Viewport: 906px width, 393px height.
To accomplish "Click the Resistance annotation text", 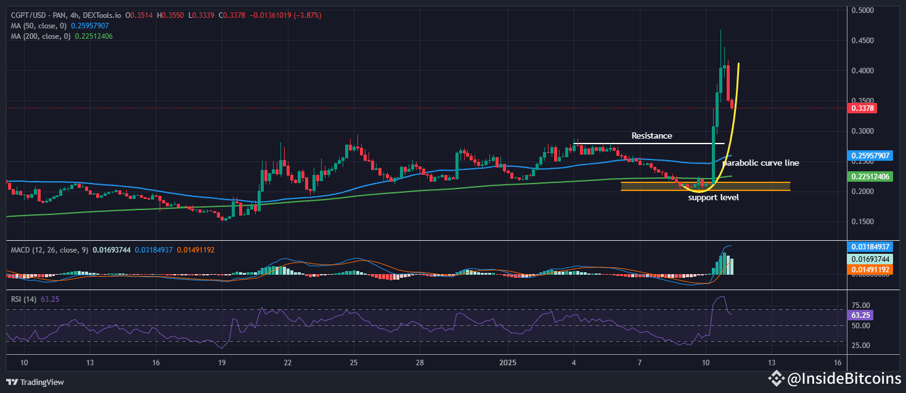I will click(651, 136).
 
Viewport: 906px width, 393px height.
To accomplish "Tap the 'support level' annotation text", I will click(713, 197).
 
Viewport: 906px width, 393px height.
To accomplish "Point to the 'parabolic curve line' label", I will click(761, 163).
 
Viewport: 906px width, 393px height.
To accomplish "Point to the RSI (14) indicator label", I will click(23, 299).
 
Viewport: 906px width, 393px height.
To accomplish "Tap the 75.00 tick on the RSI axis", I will click(860, 306).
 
